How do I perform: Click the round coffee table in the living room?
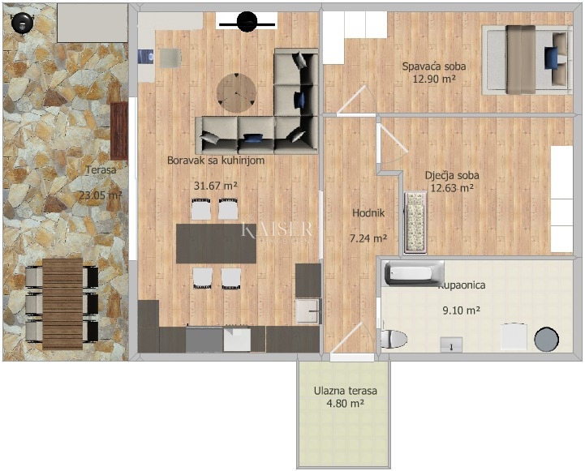(x=236, y=92)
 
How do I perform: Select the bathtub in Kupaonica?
(x=414, y=274)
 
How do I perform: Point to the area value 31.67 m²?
(x=215, y=186)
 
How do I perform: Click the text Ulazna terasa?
(x=345, y=391)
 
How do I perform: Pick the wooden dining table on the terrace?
(x=62, y=303)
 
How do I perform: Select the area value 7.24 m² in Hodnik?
(x=368, y=239)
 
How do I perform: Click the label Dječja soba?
(x=452, y=175)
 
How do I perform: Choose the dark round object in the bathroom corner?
(x=547, y=338)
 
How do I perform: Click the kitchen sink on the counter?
(x=308, y=310)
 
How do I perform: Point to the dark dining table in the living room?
(x=216, y=243)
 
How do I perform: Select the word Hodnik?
(x=368, y=213)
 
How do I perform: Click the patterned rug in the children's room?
(x=415, y=221)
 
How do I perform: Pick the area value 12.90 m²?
(x=433, y=79)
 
